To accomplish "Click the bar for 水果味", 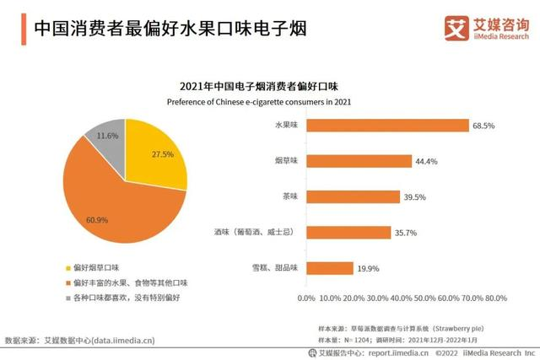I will click(385, 125).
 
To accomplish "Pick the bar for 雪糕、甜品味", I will click(327, 267).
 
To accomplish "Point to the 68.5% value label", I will click(483, 125).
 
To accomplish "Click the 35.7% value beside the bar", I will click(407, 232).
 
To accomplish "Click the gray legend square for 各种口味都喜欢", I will click(67, 297).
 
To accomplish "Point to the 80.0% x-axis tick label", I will click(494, 298).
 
